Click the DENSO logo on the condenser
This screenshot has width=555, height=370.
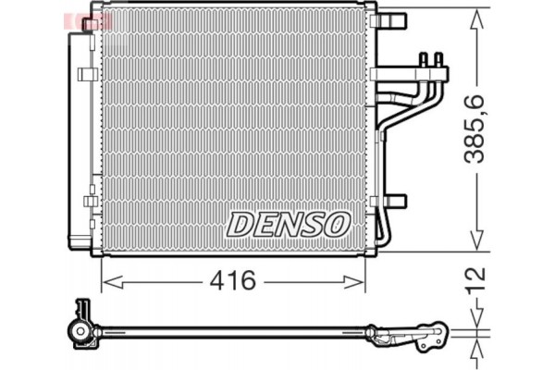click(289, 223)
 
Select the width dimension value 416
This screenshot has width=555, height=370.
click(233, 280)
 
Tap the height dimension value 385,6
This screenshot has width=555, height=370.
click(475, 130)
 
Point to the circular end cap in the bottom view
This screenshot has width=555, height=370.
click(82, 330)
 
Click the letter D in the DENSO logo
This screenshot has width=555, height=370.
click(239, 223)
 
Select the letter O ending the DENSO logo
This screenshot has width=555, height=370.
click(339, 223)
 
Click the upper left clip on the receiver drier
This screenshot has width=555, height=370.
click(87, 72)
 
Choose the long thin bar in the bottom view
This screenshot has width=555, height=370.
click(231, 330)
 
